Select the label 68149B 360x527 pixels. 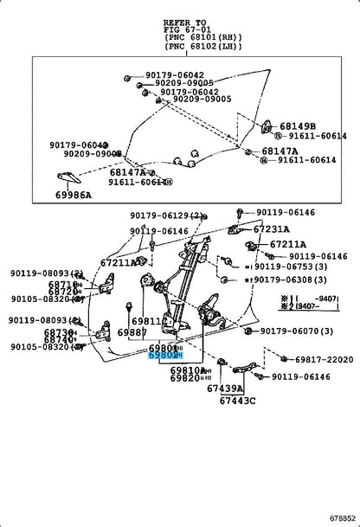coord(299,125)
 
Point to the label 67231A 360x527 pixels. coord(274,228)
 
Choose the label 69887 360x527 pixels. coord(133,332)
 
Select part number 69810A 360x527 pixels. coord(190,370)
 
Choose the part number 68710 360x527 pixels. coord(61,284)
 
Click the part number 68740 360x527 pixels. coord(59,340)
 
